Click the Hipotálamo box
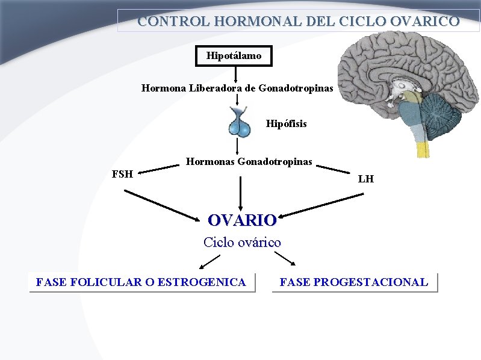pyautogui.click(x=234, y=56)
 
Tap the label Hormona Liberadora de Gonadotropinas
pyautogui.click(x=237, y=88)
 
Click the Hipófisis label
pyautogui.click(x=286, y=124)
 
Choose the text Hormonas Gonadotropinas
pyautogui.click(x=249, y=161)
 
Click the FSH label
pyautogui.click(x=123, y=175)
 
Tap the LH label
pyautogui.click(x=365, y=179)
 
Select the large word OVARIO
pyautogui.click(x=241, y=220)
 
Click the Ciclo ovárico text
pyautogui.click(x=242, y=243)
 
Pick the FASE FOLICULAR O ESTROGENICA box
pyautogui.click(x=141, y=282)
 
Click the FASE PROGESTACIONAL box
pyautogui.click(x=354, y=282)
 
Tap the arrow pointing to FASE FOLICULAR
pyautogui.click(x=209, y=261)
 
